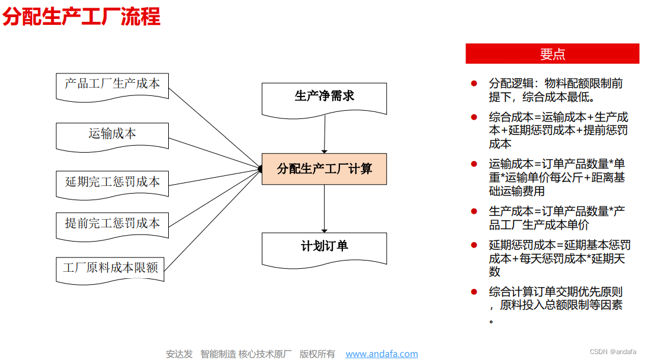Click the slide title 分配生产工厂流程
pyautogui.click(x=82, y=17)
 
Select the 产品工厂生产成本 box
pyautogui.click(x=113, y=86)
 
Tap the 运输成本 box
pyautogui.click(x=113, y=137)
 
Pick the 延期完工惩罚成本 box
pyautogui.click(x=113, y=185)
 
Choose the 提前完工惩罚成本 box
pyautogui.click(x=113, y=226)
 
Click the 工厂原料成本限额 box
pyautogui.click(x=110, y=271)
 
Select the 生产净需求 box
pyautogui.click(x=324, y=100)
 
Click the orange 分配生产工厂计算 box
pyautogui.click(x=324, y=169)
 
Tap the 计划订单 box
pyautogui.click(x=324, y=250)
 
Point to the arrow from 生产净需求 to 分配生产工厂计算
pyautogui.click(x=325, y=134)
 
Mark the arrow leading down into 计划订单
pyautogui.click(x=324, y=208)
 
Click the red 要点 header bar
pyautogui.click(x=553, y=54)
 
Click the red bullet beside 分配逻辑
pyautogui.click(x=474, y=83)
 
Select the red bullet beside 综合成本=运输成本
pyautogui.click(x=474, y=117)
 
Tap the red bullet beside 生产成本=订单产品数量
pyautogui.click(x=474, y=211)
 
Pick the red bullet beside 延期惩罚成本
pyautogui.click(x=474, y=245)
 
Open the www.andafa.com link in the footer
pyautogui.click(x=382, y=354)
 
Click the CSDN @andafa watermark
pyautogui.click(x=613, y=352)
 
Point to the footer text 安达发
pyautogui.click(x=179, y=354)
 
